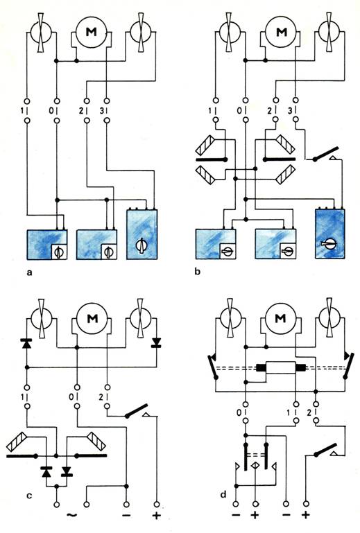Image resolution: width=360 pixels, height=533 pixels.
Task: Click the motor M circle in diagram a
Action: click(92, 32)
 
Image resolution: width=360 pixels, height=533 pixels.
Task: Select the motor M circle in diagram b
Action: click(281, 32)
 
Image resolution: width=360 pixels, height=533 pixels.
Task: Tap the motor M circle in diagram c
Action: click(92, 319)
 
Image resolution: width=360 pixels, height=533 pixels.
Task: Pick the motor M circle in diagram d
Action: click(280, 319)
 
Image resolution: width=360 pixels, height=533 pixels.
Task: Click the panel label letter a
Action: click(30, 272)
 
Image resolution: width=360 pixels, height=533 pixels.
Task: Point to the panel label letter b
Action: click(198, 271)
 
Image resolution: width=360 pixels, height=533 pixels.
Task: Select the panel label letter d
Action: click(223, 494)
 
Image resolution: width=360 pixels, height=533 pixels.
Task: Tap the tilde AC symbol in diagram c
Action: click(71, 515)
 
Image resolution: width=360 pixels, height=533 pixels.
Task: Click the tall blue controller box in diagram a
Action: click(142, 234)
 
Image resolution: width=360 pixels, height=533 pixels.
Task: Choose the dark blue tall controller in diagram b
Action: click(330, 234)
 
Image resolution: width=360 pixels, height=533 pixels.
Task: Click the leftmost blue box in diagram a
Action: click(47, 245)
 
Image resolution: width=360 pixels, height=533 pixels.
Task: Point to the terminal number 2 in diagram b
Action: click(270, 110)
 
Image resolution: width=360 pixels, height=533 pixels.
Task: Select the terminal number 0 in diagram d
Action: click(239, 413)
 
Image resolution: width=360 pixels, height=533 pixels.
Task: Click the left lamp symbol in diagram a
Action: click(41, 33)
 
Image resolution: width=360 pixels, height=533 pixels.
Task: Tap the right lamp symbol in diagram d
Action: click(329, 319)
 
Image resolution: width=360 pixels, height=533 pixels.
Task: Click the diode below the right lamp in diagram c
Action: click(157, 342)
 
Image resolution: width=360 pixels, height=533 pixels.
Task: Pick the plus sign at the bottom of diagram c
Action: click(157, 515)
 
